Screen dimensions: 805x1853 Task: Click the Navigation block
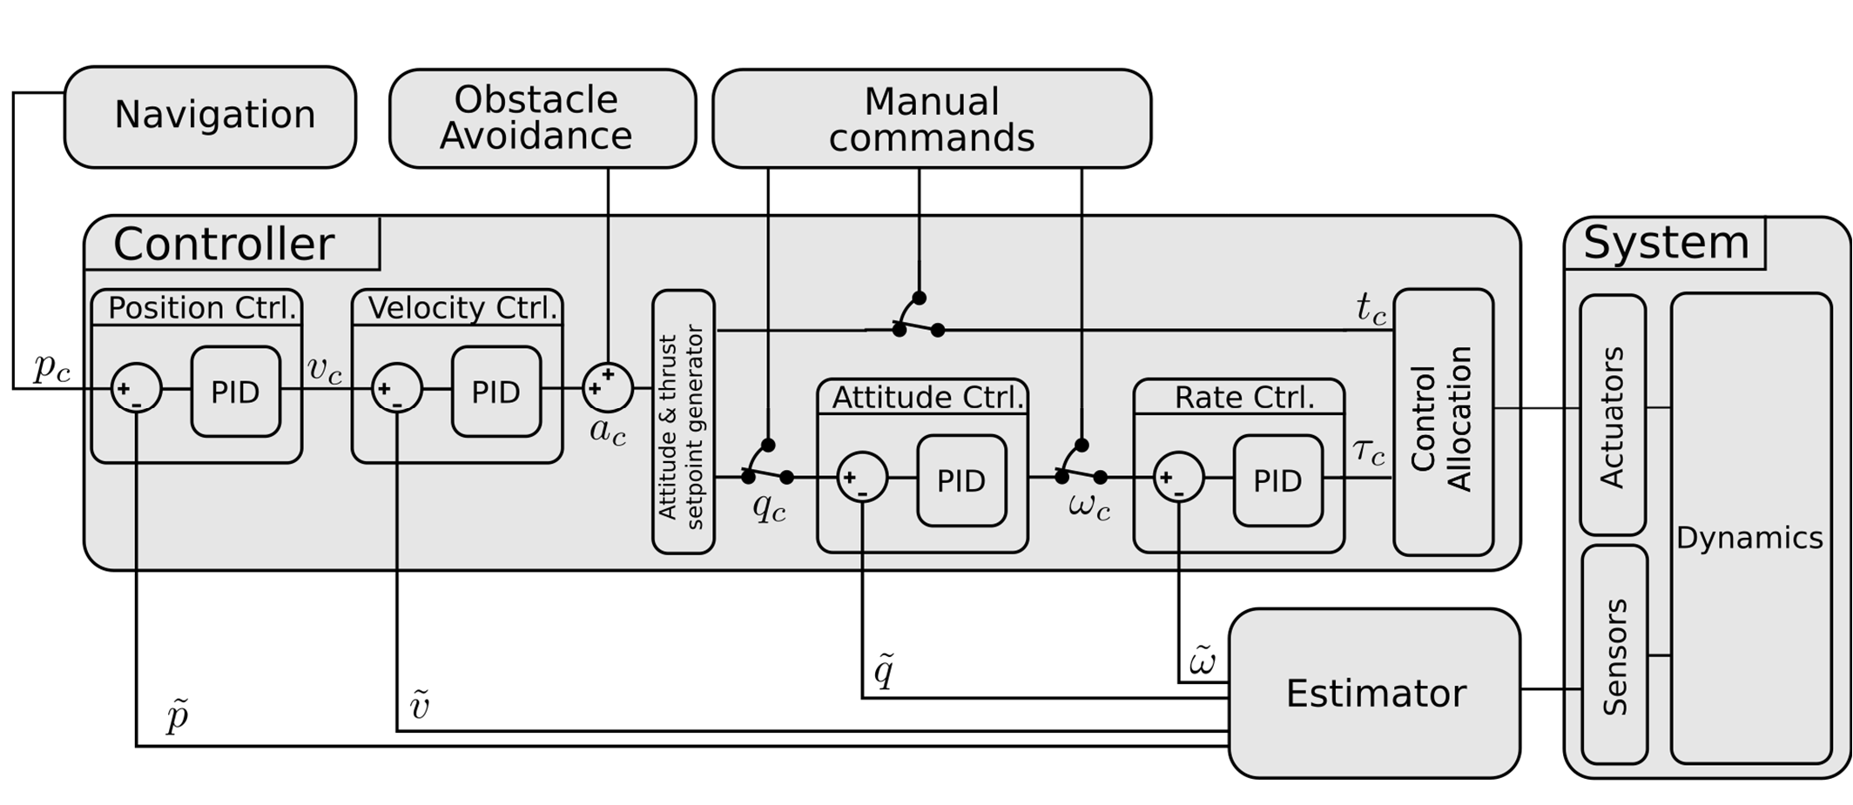210,117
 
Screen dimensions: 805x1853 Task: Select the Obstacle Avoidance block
542,118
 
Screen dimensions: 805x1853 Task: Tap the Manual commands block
931,119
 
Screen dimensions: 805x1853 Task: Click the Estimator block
1374,693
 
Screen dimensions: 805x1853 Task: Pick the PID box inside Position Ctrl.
235,392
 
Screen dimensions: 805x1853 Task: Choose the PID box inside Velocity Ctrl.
495,392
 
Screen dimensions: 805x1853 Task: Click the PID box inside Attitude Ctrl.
961,480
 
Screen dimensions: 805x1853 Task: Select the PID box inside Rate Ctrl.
1277,480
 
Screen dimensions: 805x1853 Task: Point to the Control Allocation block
1443,421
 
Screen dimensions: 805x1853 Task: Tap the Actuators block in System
1612,415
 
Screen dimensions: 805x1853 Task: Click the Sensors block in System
1614,655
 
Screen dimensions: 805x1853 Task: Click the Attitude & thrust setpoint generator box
683,421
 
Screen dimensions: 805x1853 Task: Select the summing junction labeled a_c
607,387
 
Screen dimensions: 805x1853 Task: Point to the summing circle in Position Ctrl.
137,389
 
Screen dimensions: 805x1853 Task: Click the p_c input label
51,368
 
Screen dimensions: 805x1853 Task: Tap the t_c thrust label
1370,308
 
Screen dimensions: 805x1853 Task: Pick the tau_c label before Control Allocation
1369,452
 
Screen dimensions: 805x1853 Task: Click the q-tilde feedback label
883,671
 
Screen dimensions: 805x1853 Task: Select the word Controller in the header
224,244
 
